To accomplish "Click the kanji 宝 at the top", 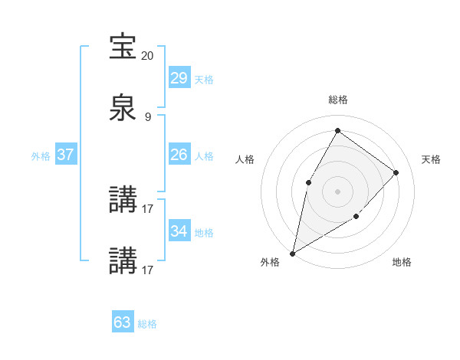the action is click(x=123, y=46).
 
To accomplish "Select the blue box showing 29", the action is click(x=179, y=78).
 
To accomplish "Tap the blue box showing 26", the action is click(x=179, y=155).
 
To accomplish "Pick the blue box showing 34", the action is click(x=179, y=231).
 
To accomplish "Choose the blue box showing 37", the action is click(x=65, y=155).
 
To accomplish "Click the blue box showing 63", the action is click(x=122, y=322).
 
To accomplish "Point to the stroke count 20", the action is click(x=148, y=56).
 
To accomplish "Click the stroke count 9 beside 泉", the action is click(x=148, y=117).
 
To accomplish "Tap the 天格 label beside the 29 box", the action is click(x=203, y=80).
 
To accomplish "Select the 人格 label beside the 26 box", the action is click(x=203, y=156).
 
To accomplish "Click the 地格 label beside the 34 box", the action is click(x=203, y=233).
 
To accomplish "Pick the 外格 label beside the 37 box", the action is click(x=41, y=156).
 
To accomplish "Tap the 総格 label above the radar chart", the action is click(x=337, y=100).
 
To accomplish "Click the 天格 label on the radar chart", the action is click(x=431, y=159).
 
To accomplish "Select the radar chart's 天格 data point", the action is click(x=396, y=172).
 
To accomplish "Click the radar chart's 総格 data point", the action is click(x=337, y=130).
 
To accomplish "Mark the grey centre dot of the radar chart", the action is click(x=337, y=191).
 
